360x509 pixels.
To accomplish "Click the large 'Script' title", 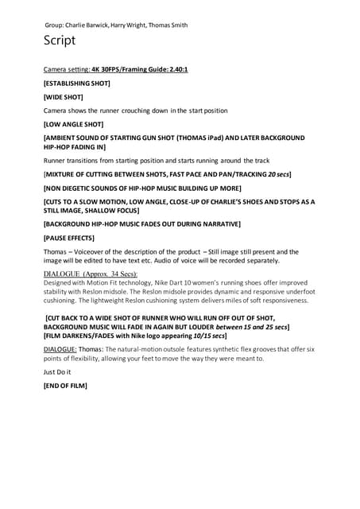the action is point(60,41).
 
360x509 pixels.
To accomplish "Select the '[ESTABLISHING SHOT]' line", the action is point(76,83).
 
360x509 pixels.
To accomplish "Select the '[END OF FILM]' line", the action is point(65,386).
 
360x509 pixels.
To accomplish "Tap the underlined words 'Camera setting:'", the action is point(67,69).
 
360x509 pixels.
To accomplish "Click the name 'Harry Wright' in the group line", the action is point(130,25).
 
